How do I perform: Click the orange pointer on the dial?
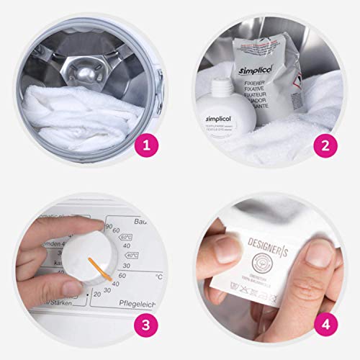pyautogui.click(x=99, y=267)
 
